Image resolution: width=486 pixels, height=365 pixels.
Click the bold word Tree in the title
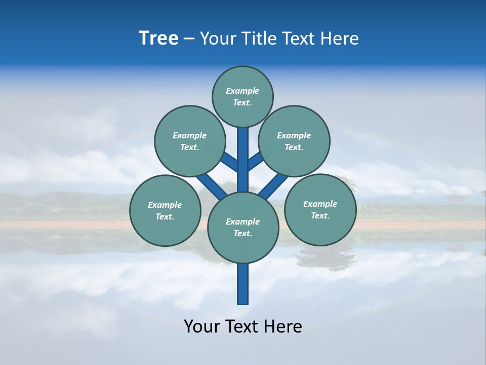coord(158,39)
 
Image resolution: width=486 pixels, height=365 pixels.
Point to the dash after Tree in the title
coord(189,39)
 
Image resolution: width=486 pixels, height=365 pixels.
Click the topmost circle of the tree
coord(242,96)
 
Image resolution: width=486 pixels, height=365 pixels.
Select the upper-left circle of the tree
coord(189,141)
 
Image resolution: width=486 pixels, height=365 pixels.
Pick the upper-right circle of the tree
coord(294,141)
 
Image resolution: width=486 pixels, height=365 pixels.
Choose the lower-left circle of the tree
coord(165,210)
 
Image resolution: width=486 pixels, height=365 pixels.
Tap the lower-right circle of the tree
coord(320,209)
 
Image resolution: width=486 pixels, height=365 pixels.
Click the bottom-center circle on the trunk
coord(243,227)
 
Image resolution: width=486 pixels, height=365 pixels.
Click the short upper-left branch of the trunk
coord(231,163)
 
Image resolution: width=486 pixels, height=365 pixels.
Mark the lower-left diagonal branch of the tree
coord(212,186)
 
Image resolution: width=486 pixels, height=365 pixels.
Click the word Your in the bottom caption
coord(202,326)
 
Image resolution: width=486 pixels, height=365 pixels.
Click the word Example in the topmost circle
coord(242,91)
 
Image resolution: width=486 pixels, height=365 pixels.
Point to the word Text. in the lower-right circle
coord(320,215)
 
